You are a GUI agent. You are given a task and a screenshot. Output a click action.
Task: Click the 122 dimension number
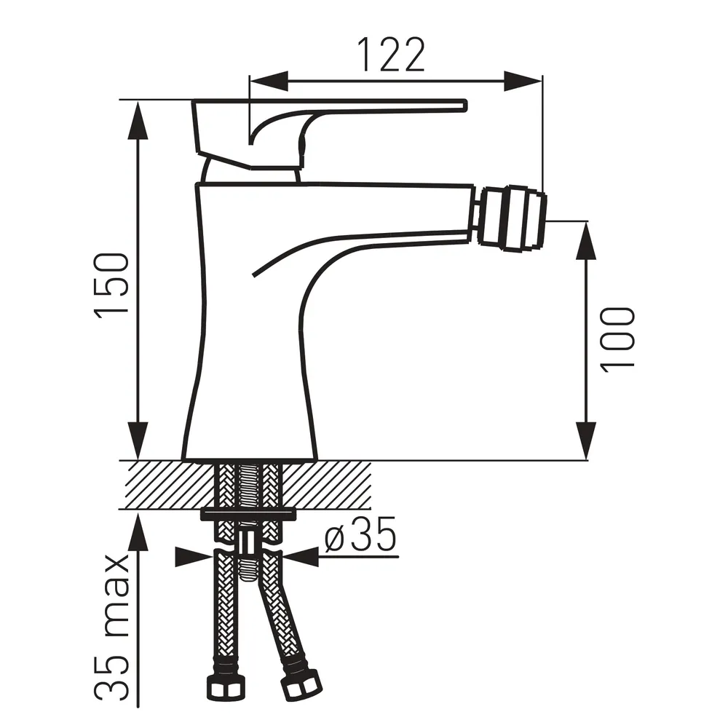[x=391, y=55]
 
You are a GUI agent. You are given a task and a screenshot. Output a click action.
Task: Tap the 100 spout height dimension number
[x=617, y=339]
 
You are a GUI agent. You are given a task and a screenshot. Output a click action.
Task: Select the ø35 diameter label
[x=360, y=534]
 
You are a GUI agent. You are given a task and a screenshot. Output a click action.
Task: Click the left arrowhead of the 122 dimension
[x=269, y=82]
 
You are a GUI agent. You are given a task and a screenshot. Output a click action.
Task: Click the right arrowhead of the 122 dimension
[x=523, y=82]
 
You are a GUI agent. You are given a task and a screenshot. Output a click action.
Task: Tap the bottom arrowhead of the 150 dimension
[x=138, y=440]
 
